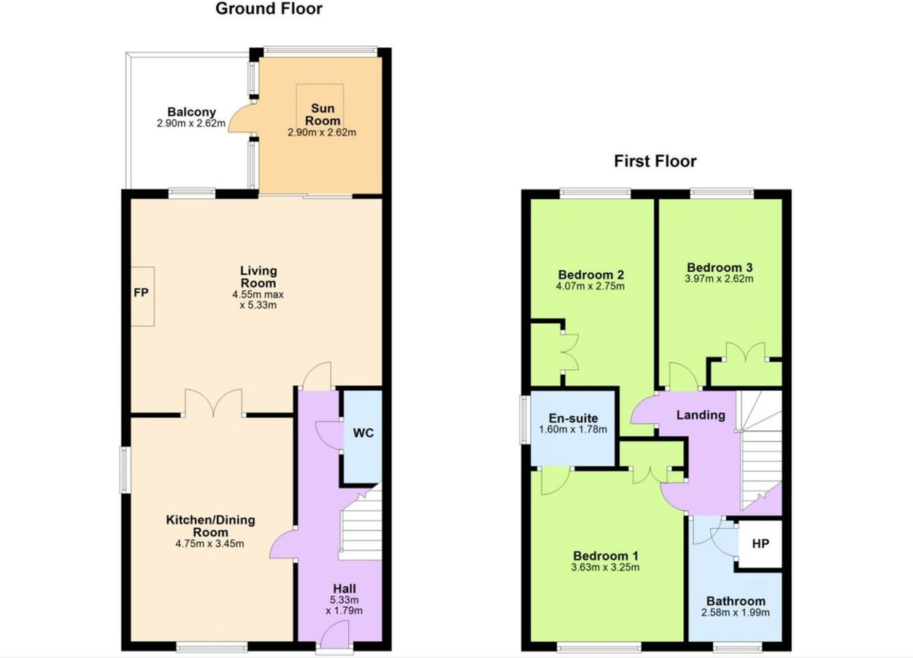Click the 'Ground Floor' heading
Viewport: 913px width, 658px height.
[269, 9]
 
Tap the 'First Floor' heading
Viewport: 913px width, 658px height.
[655, 161]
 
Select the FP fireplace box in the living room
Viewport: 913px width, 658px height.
[142, 296]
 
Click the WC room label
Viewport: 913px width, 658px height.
[363, 433]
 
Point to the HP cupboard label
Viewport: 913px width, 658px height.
[760, 543]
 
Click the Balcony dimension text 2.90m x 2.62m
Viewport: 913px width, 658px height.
[191, 123]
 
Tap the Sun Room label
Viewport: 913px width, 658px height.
[323, 115]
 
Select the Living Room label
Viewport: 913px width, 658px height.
[258, 276]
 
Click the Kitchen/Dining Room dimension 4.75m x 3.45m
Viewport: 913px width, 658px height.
[210, 543]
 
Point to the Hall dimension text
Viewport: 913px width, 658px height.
[344, 605]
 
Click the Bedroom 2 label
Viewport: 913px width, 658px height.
[591, 274]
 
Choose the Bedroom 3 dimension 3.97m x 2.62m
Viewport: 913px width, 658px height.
[719, 279]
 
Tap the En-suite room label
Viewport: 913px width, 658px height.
[573, 418]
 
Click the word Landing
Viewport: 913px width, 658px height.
[701, 415]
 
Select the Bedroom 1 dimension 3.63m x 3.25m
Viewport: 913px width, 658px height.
[605, 567]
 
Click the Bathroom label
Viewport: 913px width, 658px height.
[736, 601]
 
